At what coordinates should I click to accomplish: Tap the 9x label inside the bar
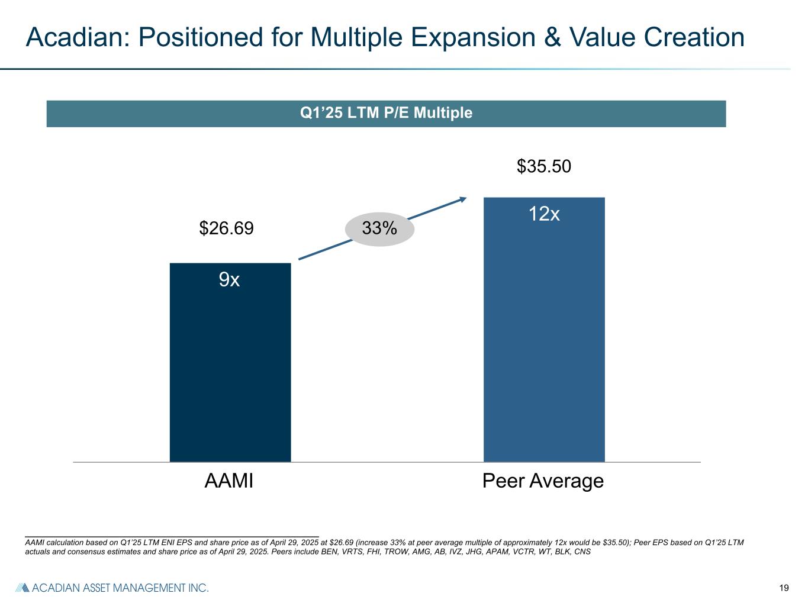coord(230,279)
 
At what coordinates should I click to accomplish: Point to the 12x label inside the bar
coord(544,214)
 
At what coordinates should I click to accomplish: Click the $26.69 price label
coord(226,228)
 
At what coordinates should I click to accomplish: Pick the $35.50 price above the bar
coord(544,167)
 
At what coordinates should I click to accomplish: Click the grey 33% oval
coord(379,228)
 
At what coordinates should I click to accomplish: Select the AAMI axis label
coord(229,481)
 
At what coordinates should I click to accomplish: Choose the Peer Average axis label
coord(543,481)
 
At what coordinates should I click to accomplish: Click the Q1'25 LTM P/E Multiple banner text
coord(386,113)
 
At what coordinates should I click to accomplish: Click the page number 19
coord(784,588)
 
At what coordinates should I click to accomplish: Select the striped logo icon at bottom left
coord(22,588)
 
